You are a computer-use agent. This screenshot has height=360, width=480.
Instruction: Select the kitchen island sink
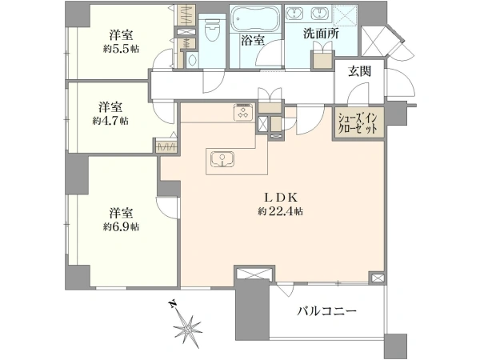pyautogui.click(x=222, y=159)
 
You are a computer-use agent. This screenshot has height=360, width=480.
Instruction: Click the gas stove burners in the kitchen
pyautogui.click(x=244, y=111)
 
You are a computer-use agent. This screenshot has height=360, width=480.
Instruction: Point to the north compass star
pyautogui.click(x=187, y=329)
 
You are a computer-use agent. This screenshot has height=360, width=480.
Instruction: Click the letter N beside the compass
pyautogui.click(x=174, y=304)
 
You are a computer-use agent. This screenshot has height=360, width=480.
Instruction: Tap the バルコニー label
pyautogui.click(x=327, y=311)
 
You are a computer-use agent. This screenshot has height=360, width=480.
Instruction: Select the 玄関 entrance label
pyautogui.click(x=359, y=71)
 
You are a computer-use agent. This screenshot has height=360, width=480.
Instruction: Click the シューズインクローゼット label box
pyautogui.click(x=358, y=123)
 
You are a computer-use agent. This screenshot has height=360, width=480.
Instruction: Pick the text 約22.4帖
pyautogui.click(x=281, y=211)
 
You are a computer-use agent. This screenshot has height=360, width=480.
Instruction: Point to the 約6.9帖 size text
pyautogui.click(x=121, y=227)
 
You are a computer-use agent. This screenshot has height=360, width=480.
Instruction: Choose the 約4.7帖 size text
pyautogui.click(x=110, y=121)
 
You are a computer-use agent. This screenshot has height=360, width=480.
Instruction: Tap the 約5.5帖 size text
pyautogui.click(x=121, y=49)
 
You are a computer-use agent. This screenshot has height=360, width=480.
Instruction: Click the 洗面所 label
pyautogui.click(x=321, y=34)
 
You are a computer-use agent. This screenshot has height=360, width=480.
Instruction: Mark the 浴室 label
pyautogui.click(x=253, y=40)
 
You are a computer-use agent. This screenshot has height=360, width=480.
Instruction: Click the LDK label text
pyautogui.click(x=281, y=198)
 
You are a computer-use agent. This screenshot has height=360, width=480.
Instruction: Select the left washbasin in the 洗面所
pyautogui.click(x=294, y=14)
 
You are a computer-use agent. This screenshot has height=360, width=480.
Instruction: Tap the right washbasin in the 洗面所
pyautogui.click(x=320, y=14)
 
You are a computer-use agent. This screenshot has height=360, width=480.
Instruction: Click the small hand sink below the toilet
pyautogui.click(x=192, y=60)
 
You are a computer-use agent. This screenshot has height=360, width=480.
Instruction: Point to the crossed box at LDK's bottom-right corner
pyautogui.click(x=377, y=278)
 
